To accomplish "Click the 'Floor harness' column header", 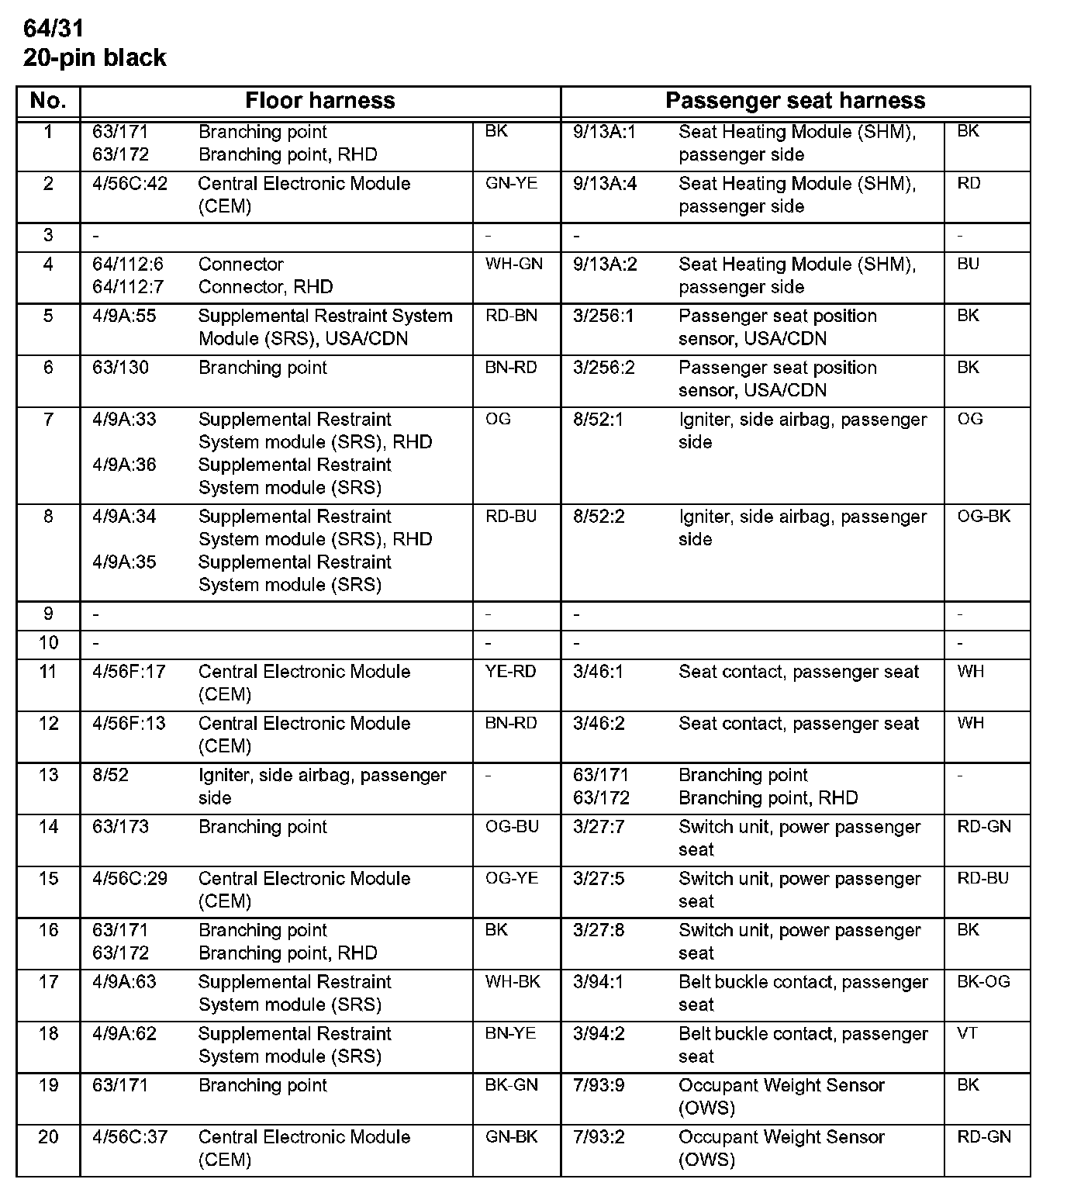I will point(319,101).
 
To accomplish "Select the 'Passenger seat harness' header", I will point(795,101).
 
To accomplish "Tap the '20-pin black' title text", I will point(95,58).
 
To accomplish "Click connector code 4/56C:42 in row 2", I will point(129,184).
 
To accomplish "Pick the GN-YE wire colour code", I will point(511,184).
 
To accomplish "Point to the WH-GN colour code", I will point(514,264).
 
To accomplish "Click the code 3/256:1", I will point(603,316).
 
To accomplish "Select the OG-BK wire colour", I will point(984,517).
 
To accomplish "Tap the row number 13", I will point(48,775).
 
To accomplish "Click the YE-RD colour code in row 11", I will point(511,672).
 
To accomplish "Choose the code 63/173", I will point(120,827).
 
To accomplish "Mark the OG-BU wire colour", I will point(512,827).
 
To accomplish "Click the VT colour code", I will point(967,1034).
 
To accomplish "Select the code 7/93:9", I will point(599,1085).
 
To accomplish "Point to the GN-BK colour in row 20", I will point(511,1137).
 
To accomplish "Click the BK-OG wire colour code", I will point(983,982).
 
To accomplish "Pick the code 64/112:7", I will point(128,287).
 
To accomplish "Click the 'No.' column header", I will point(48,101).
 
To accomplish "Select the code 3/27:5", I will point(599,879).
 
